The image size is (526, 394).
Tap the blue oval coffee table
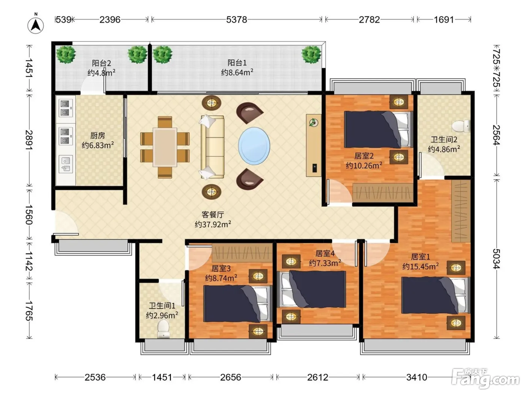point(254,146)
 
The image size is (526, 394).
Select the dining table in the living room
point(165,147)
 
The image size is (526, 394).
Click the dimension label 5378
point(237,20)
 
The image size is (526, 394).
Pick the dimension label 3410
point(417,377)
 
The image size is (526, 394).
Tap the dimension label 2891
point(29,140)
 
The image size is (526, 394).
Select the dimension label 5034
point(496,259)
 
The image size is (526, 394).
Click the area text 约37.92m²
point(213,224)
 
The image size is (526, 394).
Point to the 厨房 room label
point(98,135)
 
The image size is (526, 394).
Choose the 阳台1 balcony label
point(237,63)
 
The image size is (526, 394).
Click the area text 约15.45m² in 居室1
point(420,266)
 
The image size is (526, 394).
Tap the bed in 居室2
point(379,129)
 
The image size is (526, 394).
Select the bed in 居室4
point(311,289)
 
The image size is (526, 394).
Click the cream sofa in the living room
point(212,147)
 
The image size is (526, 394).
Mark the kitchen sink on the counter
point(65,164)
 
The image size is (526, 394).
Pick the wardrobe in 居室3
point(242,253)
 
